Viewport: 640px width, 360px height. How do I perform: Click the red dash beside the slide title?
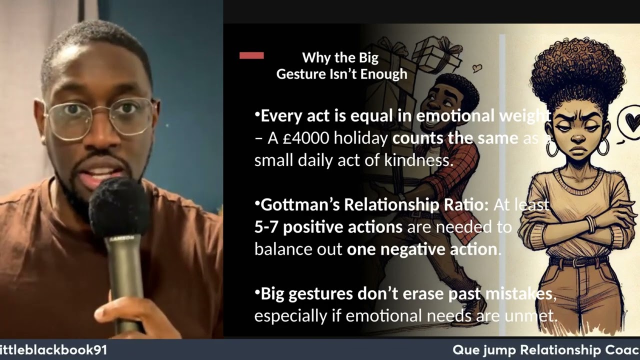pos(251,55)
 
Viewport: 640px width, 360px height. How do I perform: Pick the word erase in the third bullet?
pos(419,293)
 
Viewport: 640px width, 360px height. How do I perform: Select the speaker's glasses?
pos(100,116)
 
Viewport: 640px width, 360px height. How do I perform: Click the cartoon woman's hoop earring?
pos(603,146)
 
